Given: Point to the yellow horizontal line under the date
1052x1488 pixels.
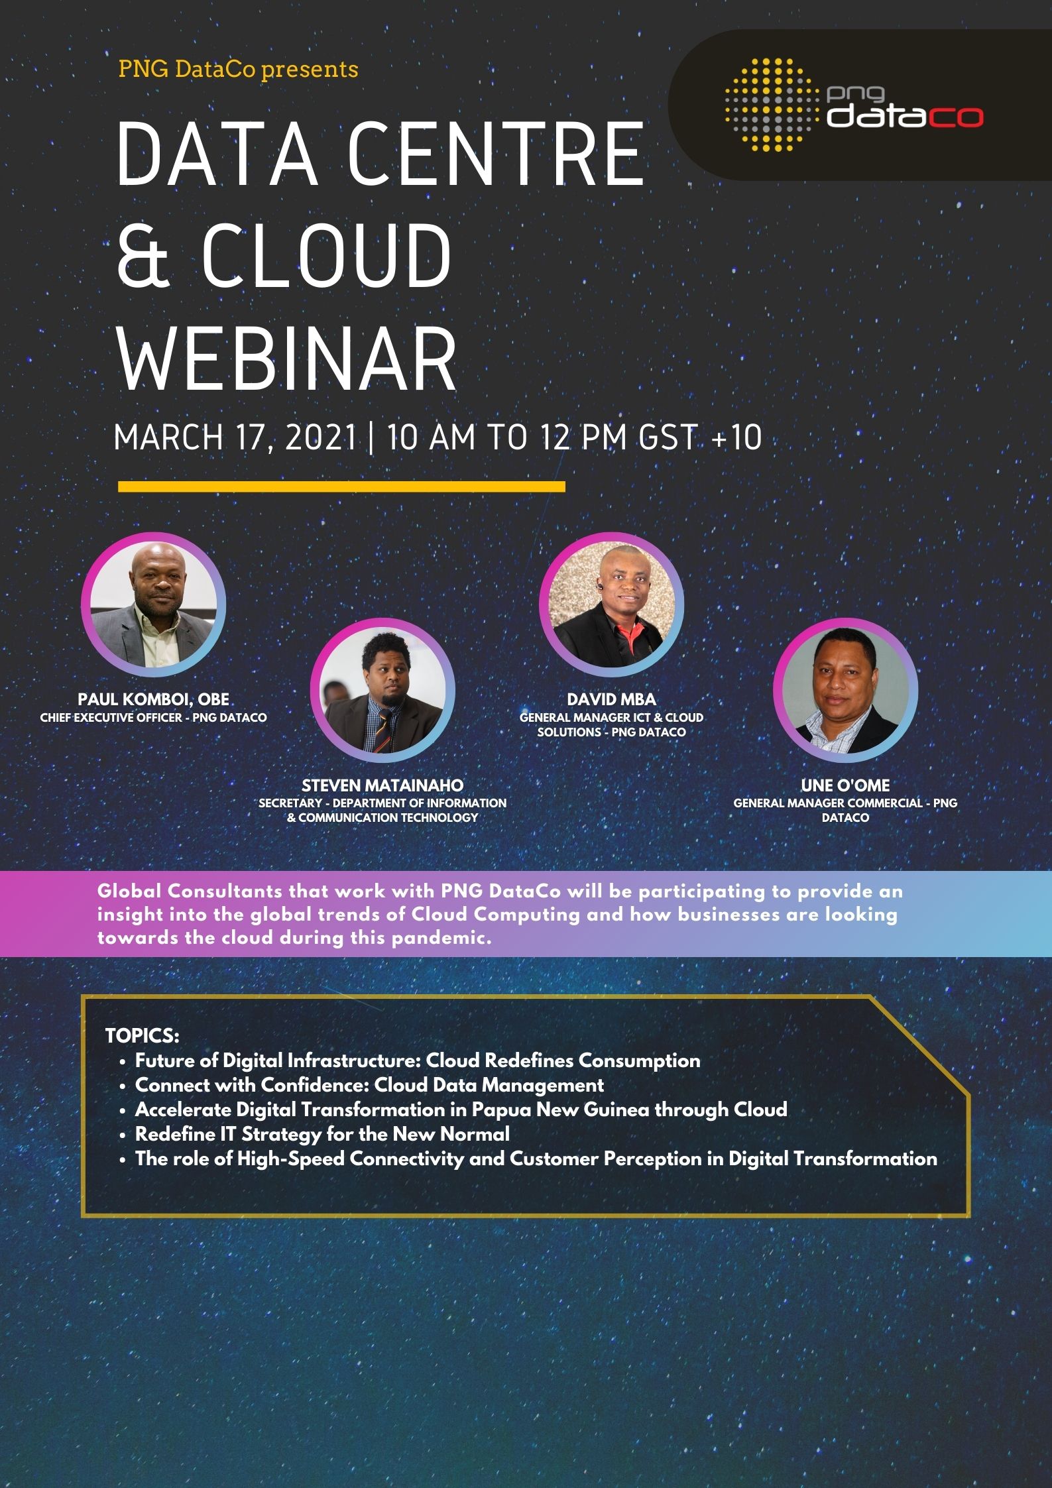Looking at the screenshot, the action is [x=341, y=486].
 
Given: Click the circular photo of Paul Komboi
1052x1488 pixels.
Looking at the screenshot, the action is [x=154, y=605].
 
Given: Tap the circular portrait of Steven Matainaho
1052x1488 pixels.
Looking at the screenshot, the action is [x=382, y=691].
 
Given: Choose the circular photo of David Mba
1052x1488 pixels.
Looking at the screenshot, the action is [x=612, y=604].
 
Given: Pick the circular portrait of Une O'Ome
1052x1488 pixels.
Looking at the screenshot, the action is [x=845, y=691].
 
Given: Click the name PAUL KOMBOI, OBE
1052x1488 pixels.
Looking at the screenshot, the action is [x=154, y=699].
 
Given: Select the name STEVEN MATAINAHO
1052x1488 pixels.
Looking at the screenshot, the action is [x=382, y=785].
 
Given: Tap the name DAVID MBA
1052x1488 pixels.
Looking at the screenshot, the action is [x=611, y=699].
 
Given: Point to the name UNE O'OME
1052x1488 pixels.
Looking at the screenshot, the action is [x=845, y=785].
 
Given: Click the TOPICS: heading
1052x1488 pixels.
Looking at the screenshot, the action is [x=142, y=1036].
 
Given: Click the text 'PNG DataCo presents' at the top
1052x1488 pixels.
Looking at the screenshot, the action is [x=239, y=69].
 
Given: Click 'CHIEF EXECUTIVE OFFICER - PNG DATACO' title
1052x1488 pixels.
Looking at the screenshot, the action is [x=154, y=718].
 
